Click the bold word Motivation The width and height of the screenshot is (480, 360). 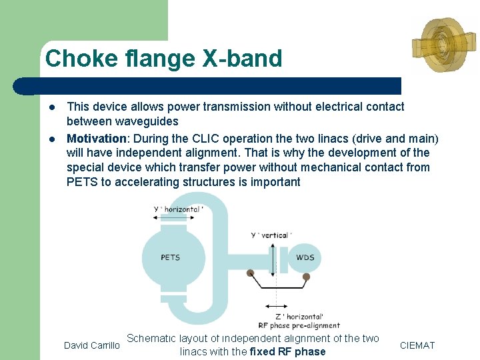[96, 138]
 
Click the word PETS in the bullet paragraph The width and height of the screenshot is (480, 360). [82, 182]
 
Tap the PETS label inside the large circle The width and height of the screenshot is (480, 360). [170, 257]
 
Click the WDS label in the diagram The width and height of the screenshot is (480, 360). [305, 257]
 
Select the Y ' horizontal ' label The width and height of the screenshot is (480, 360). [178, 209]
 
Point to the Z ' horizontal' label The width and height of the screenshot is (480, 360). [299, 316]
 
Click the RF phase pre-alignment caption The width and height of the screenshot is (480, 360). [299, 325]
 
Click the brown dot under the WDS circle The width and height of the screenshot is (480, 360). [306, 276]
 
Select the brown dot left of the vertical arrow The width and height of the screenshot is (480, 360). [250, 273]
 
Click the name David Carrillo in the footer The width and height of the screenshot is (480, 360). [91, 345]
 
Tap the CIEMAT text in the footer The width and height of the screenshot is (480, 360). [417, 345]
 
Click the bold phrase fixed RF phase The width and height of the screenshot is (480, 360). [287, 352]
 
